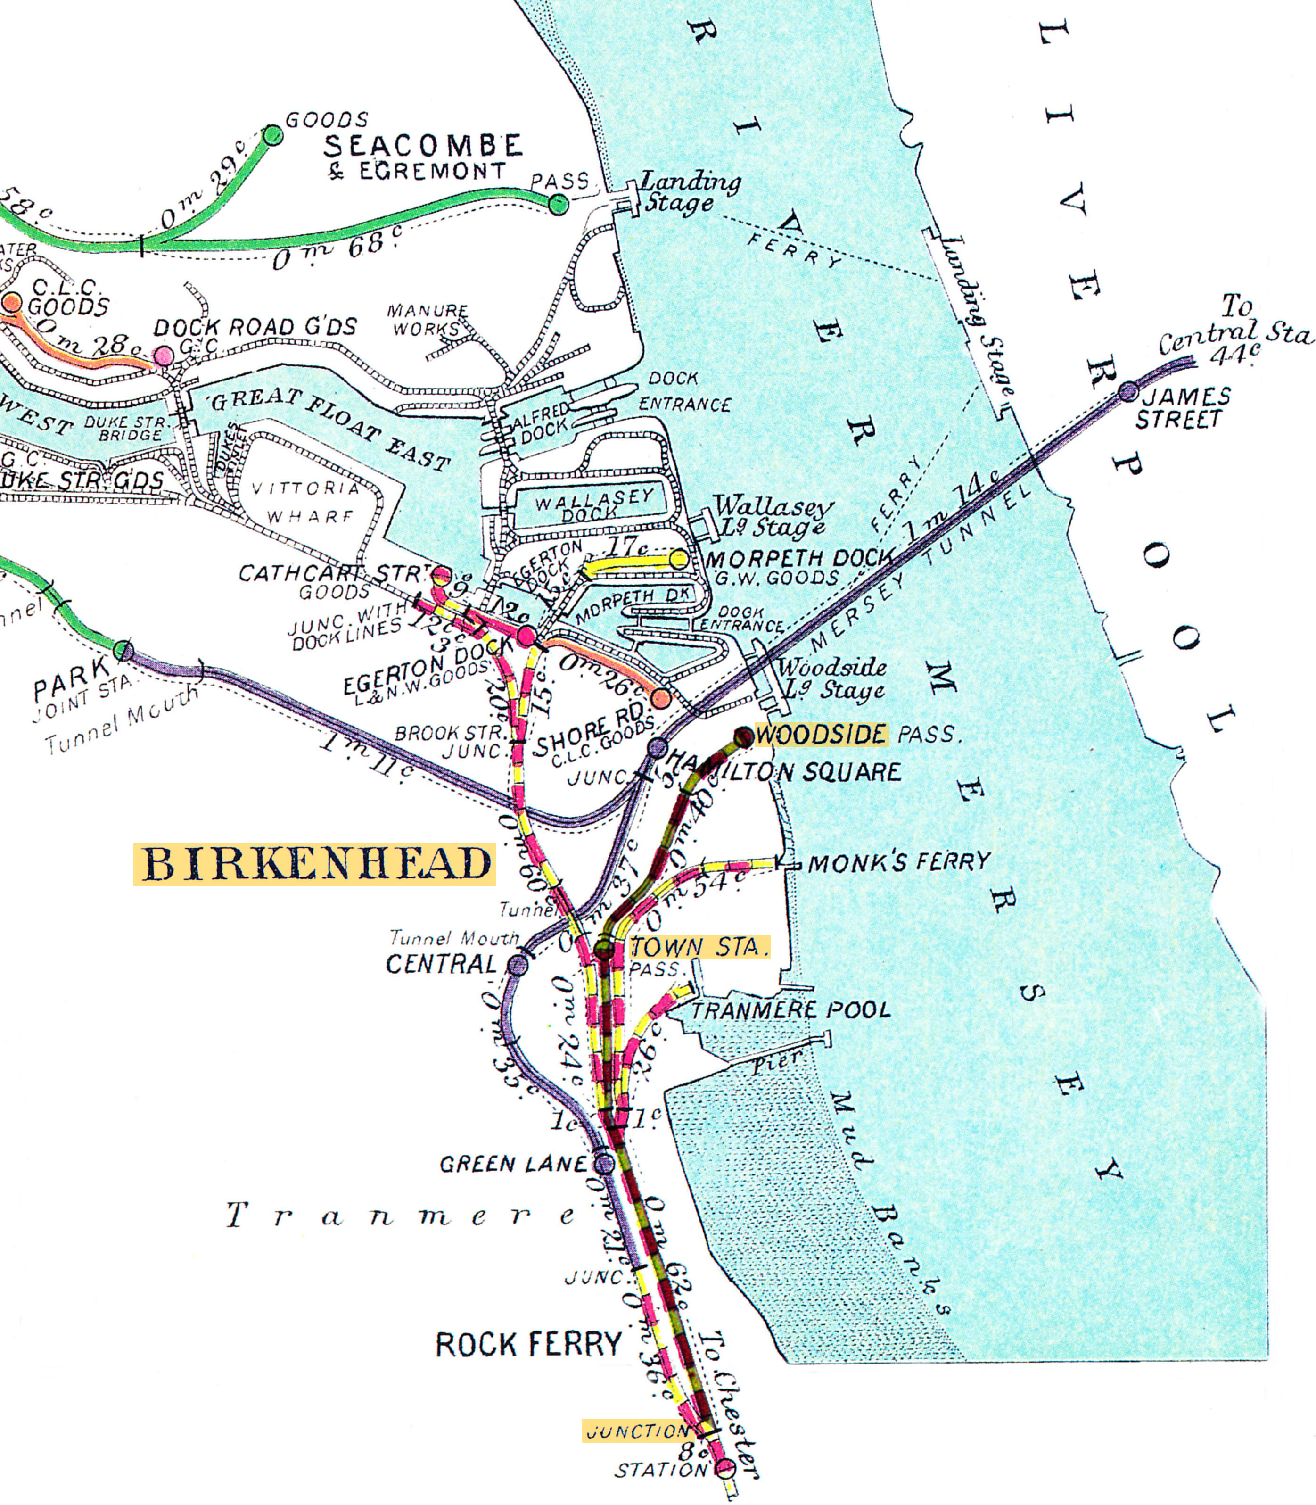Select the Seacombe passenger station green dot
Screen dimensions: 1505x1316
point(559,205)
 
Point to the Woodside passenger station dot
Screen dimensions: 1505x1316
point(743,736)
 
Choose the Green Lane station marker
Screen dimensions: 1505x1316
point(604,1163)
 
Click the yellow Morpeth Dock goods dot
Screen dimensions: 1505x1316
point(679,560)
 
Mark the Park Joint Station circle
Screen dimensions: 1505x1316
point(123,650)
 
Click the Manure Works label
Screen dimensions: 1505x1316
point(428,320)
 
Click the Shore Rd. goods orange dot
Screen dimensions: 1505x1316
point(661,698)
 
